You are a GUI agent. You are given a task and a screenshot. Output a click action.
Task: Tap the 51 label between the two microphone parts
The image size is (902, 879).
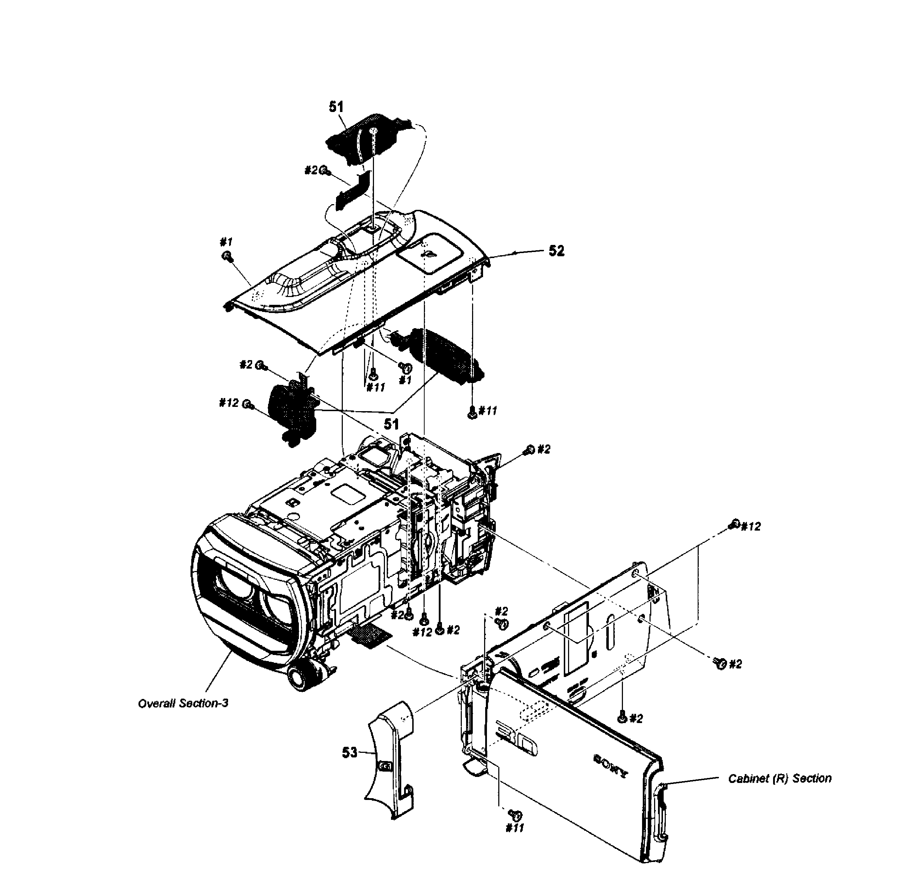point(391,424)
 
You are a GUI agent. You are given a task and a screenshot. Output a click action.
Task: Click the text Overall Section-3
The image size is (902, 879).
point(183,704)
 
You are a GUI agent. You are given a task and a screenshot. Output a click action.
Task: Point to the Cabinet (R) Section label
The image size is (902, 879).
point(780,778)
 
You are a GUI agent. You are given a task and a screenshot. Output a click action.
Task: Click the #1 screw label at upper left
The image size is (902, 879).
point(226,241)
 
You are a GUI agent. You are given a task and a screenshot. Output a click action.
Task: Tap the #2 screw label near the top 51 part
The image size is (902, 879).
point(311,170)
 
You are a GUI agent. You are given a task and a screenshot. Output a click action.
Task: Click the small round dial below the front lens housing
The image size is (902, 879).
point(299,677)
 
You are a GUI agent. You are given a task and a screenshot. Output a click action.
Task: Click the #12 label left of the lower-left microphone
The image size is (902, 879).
point(229,403)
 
